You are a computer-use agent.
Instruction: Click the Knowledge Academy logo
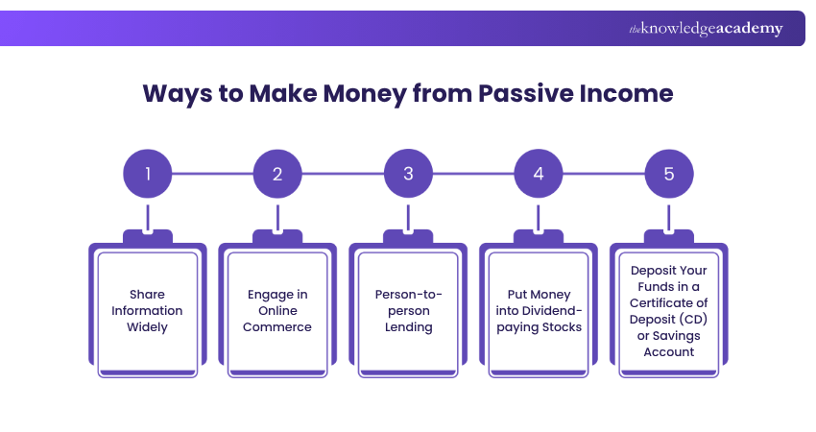706,29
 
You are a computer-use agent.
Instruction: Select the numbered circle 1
148,174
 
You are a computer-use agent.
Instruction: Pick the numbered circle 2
277,174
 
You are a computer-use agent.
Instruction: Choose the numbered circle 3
408,174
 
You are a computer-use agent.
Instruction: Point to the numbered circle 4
539,174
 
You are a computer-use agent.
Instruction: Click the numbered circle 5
669,174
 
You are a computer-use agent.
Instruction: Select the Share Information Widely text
148,311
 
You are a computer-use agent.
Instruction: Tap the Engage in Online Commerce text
277,311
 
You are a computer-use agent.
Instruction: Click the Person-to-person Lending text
408,311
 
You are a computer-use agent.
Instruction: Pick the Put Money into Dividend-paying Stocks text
539,311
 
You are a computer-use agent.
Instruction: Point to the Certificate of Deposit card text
669,311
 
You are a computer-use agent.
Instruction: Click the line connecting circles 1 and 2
212,174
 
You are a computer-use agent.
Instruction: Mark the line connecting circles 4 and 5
604,174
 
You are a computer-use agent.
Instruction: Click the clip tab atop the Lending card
408,236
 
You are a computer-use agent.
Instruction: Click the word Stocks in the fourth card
566,327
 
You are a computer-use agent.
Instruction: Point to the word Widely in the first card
148,327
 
